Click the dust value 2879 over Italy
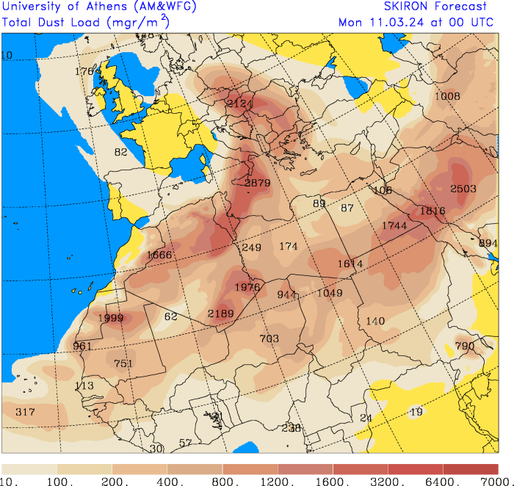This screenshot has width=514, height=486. pos(258,183)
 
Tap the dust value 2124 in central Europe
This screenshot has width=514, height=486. pos(239,104)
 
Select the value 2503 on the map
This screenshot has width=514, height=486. pos(463,189)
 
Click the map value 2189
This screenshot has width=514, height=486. pos(220,313)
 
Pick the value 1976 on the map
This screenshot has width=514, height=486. pos(247,287)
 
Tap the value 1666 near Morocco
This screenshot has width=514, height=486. pos(159,255)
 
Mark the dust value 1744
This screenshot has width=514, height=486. pos(394,225)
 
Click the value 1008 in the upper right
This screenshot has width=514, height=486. pos(447,96)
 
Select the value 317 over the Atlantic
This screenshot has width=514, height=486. pos(25,412)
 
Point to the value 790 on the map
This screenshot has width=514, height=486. pos(465,346)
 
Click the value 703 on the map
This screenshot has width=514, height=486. pos(269,338)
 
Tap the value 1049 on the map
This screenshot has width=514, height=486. pos(330,293)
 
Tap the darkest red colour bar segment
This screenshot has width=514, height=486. pos(471,468)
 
